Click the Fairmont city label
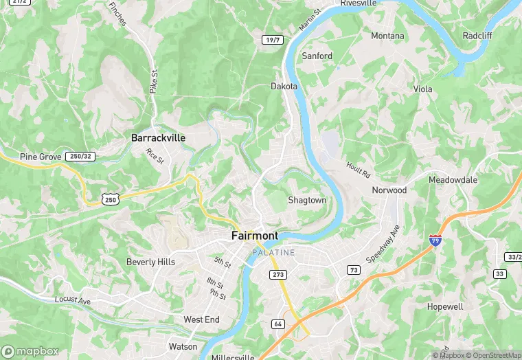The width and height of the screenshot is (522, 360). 255,236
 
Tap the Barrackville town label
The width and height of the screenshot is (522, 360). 159,138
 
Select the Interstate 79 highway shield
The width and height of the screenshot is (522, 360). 435,240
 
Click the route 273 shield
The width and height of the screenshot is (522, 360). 278,275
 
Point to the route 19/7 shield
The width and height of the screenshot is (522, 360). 273,40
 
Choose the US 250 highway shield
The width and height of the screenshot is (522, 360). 110,199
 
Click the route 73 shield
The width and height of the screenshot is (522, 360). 354,270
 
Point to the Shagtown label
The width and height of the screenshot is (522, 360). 306,201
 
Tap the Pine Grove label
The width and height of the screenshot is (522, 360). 41,157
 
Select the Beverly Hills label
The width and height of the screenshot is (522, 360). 150,262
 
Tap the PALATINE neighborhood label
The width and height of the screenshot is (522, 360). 273,253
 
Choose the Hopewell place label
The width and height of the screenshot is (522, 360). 445,306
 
